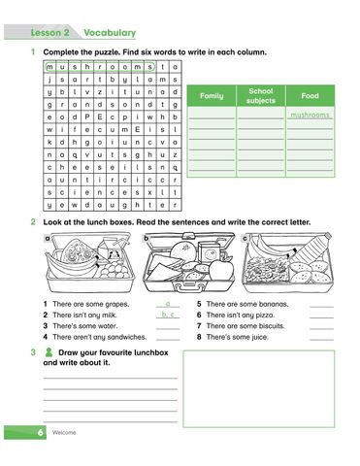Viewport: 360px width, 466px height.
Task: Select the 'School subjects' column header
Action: pyautogui.click(x=261, y=95)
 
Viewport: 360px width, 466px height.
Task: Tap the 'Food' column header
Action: pyautogui.click(x=311, y=96)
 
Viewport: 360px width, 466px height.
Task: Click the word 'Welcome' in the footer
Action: pyautogui.click(x=64, y=432)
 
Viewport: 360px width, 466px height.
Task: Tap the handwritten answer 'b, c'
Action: pyautogui.click(x=168, y=315)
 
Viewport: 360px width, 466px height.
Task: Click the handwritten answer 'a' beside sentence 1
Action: pyautogui.click(x=168, y=304)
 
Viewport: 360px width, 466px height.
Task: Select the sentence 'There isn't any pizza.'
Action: pyautogui.click(x=242, y=315)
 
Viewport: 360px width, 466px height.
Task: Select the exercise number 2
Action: pyautogui.click(x=34, y=222)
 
